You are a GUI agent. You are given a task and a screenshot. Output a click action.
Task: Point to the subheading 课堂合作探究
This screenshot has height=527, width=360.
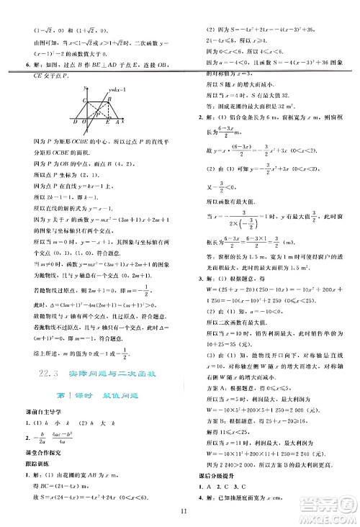click(x=29, y=449)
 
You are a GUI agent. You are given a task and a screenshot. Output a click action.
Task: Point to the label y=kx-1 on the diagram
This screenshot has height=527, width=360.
click(x=117, y=89)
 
